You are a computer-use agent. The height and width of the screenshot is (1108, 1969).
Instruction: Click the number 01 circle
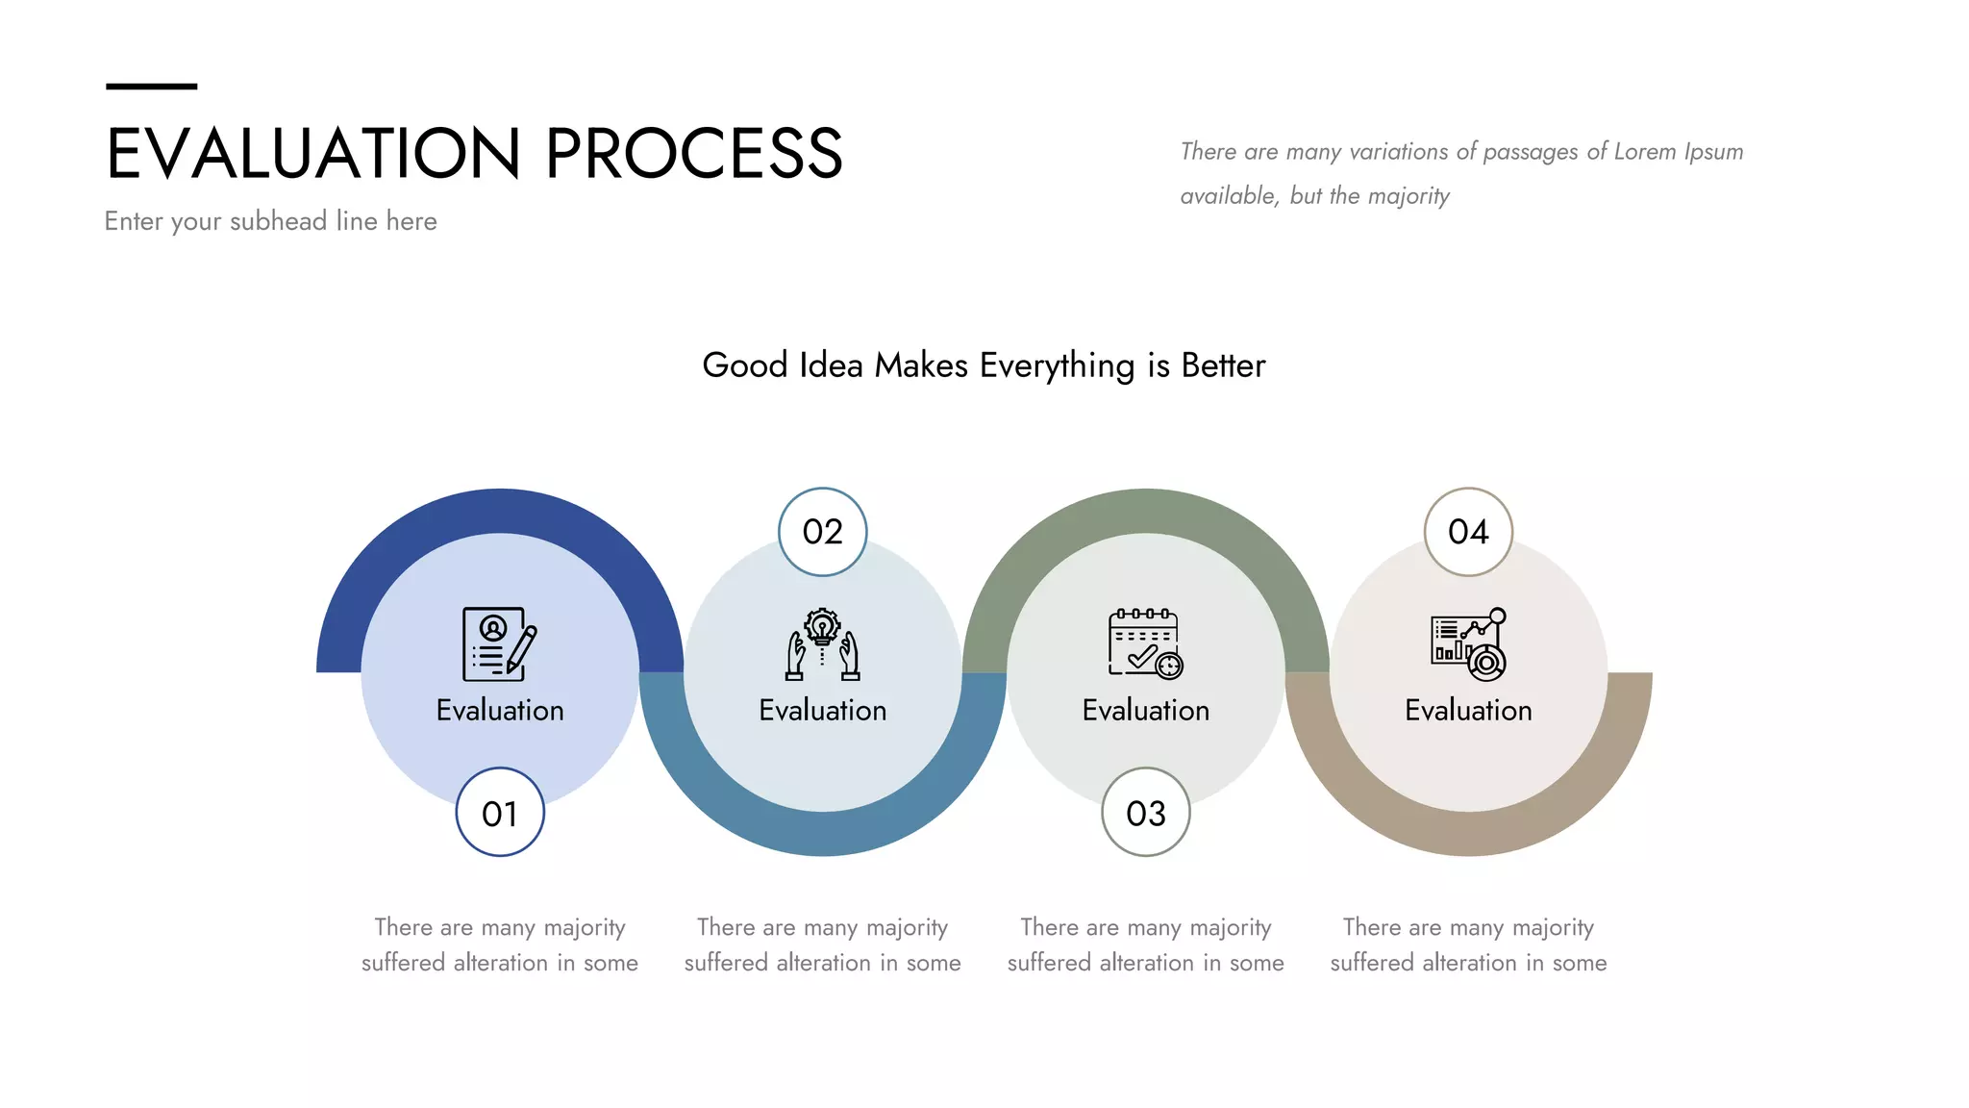[x=500, y=813]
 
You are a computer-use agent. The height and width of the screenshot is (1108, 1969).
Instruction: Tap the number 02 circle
[x=822, y=532]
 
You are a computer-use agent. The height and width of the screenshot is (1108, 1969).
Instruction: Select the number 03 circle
[x=1145, y=813]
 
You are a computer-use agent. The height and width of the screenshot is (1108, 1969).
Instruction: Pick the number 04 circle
[x=1468, y=532]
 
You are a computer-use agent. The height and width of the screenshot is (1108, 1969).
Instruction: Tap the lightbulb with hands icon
[x=822, y=643]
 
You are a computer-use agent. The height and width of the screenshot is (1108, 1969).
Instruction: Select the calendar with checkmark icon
[x=1145, y=643]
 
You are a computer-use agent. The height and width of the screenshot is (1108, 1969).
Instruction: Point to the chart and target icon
[x=1468, y=643]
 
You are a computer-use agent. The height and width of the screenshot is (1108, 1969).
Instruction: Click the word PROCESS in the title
[x=694, y=154]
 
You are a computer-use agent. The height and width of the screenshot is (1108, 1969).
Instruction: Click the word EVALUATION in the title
[x=313, y=154]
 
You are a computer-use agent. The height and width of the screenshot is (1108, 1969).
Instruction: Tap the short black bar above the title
[x=151, y=87]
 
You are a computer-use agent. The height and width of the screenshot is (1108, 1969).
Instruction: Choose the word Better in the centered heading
[x=1223, y=365]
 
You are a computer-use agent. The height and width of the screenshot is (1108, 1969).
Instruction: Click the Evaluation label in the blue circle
[x=500, y=711]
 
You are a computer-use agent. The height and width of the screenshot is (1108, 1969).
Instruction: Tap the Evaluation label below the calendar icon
[x=1145, y=711]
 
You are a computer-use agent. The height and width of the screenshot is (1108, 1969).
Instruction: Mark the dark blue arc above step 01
[x=500, y=511]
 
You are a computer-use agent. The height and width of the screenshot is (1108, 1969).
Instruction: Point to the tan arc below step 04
[x=1468, y=834]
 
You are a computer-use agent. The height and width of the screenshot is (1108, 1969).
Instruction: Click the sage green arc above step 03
[x=1145, y=511]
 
